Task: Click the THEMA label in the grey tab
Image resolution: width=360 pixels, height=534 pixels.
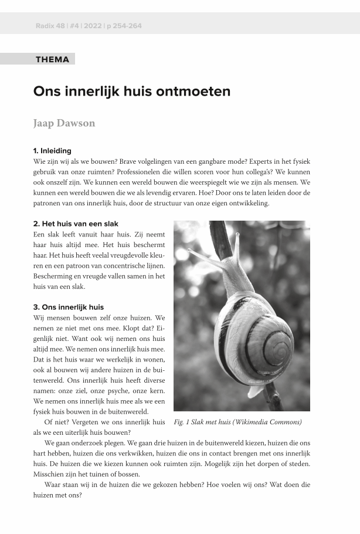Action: tap(52, 59)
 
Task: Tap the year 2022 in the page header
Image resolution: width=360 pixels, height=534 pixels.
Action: tap(92, 26)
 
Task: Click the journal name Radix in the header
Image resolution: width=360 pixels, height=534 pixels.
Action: tap(45, 26)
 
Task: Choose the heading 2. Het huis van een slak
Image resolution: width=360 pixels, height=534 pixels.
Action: tap(76, 224)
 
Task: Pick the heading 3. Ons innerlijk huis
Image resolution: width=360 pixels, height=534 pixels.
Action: tap(69, 307)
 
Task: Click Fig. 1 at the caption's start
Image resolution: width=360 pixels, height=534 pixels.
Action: tap(185, 422)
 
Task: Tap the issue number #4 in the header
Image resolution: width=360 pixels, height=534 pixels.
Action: tap(74, 26)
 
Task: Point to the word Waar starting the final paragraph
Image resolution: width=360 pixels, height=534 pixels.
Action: tap(54, 485)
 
